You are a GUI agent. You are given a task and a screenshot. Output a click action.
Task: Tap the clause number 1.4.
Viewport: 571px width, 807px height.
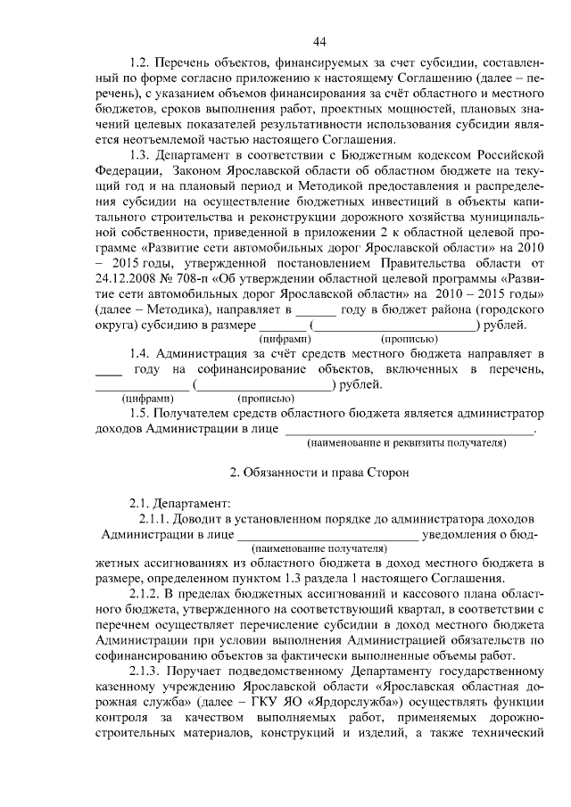(x=141, y=355)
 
